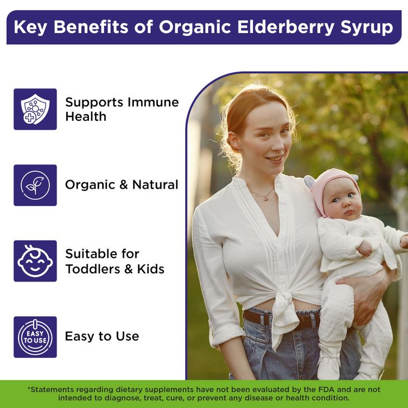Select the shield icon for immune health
tap(35, 109)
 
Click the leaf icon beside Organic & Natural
tap(35, 185)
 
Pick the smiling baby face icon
tap(35, 261)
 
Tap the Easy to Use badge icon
tap(35, 337)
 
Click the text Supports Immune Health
tap(121, 109)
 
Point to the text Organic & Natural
tap(121, 185)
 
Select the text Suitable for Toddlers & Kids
tap(115, 261)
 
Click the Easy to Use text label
tap(102, 336)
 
